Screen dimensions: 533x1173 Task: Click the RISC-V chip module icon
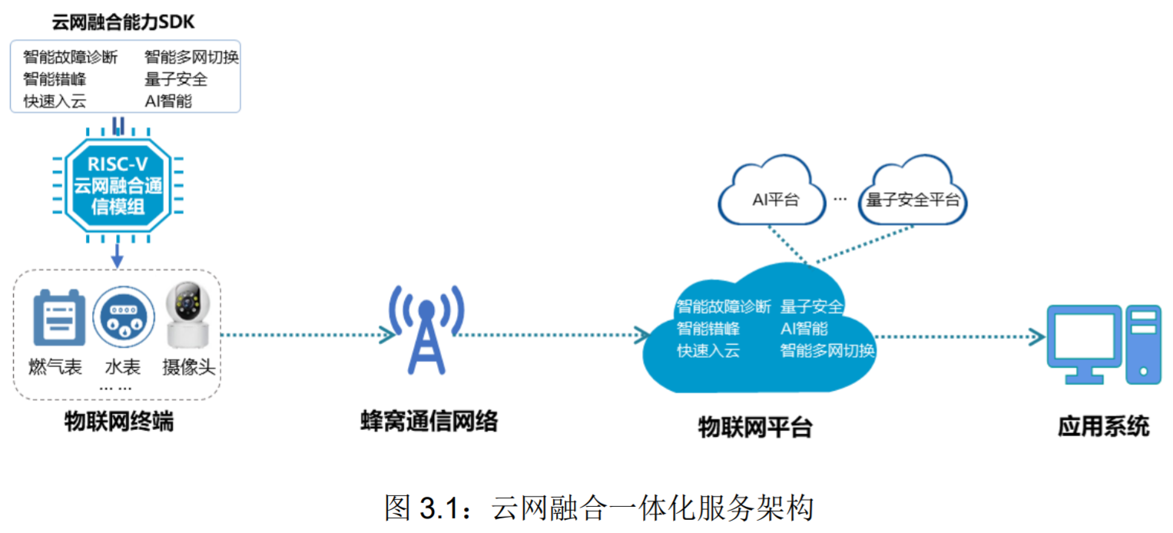coord(118,185)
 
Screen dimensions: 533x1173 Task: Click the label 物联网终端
coord(118,422)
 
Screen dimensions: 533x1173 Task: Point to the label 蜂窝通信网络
coord(429,421)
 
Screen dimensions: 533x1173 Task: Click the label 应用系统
coord(1103,426)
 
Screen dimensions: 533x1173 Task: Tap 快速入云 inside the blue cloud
coord(707,352)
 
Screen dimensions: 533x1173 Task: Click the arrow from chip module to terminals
coord(118,256)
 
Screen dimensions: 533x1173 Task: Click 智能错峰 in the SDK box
coord(55,79)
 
